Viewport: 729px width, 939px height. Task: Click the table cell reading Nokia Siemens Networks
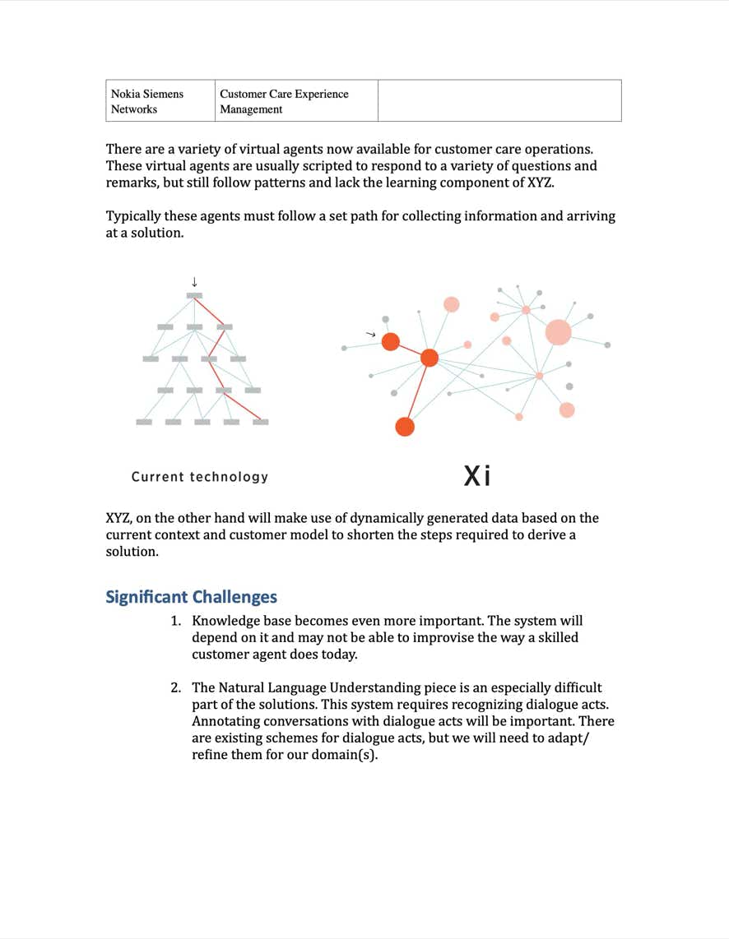point(148,101)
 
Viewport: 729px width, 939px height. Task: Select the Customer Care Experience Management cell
point(284,101)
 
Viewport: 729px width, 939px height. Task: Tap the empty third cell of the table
point(499,100)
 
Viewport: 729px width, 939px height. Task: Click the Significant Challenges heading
point(191,597)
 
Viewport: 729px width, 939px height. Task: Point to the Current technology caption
point(200,477)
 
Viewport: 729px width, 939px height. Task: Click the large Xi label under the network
point(477,475)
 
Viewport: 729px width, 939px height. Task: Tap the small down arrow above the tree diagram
point(194,282)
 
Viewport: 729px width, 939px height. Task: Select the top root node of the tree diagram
point(194,295)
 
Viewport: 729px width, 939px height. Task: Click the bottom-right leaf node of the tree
point(261,422)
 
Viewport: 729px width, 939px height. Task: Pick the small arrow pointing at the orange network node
point(370,335)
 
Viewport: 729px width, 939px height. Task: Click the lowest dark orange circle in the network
point(405,427)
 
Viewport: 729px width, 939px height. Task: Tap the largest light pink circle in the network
point(558,332)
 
